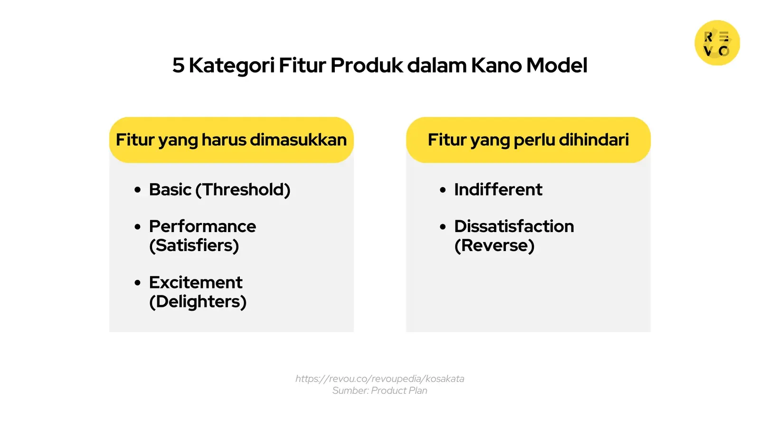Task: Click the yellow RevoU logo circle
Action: coord(717,43)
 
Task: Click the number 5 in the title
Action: coord(178,65)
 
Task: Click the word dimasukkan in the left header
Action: coord(298,140)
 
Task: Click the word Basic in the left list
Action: coord(170,190)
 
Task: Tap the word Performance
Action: coord(202,226)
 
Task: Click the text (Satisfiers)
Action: coord(194,246)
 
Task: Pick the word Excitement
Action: coord(196,282)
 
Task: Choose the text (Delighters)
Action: coord(198,302)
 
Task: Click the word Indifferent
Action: coord(498,190)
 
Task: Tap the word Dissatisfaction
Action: coord(514,226)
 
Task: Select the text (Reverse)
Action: coord(494,246)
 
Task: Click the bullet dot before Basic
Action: coord(138,190)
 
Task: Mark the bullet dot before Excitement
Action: coord(138,283)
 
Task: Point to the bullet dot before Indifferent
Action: coord(443,190)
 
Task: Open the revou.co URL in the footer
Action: coord(380,379)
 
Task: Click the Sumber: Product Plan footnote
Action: coord(380,390)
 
